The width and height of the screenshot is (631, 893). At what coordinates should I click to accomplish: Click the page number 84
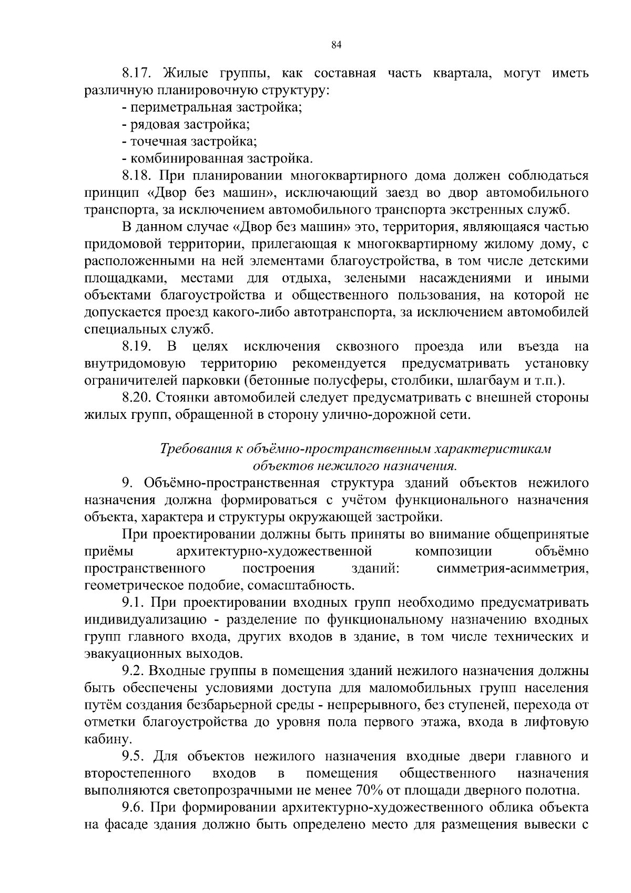(337, 46)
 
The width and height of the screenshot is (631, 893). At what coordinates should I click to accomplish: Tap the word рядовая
(155, 125)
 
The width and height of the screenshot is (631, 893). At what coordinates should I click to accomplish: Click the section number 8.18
(137, 176)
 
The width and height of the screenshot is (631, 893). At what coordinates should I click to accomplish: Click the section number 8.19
(137, 347)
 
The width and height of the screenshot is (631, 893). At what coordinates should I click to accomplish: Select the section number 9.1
(133, 603)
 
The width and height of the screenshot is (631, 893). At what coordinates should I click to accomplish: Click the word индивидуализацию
(148, 620)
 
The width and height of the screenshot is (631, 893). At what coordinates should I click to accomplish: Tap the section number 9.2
(133, 671)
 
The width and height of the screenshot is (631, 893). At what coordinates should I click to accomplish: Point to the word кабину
(105, 740)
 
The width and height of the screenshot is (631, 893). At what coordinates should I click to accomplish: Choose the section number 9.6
(133, 808)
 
